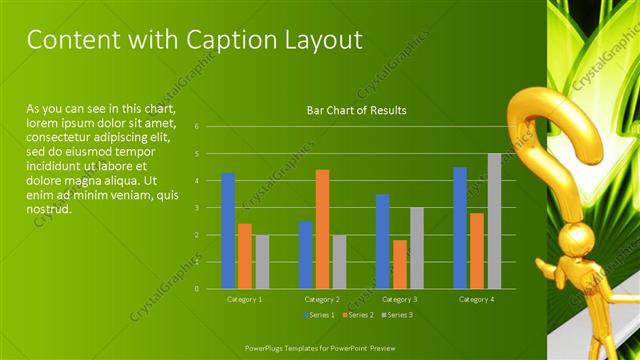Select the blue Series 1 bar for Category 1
point(228,231)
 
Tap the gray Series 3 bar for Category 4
point(494,221)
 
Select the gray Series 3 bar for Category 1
point(262,262)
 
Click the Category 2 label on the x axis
point(322,299)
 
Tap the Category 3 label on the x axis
point(399,299)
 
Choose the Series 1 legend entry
point(319,315)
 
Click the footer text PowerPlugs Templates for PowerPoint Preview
point(319,347)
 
